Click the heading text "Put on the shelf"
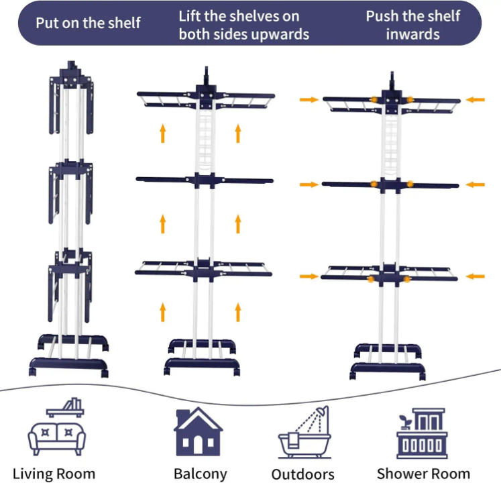pyautogui.click(x=88, y=23)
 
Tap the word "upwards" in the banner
pyautogui.click(x=276, y=34)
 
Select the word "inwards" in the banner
pyautogui.click(x=412, y=34)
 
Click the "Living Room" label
pyautogui.click(x=54, y=474)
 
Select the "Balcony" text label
pyautogui.click(x=200, y=474)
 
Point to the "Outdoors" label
pyautogui.click(x=303, y=474)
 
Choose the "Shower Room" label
pyautogui.click(x=423, y=474)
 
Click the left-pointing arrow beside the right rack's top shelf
pyautogui.click(x=475, y=99)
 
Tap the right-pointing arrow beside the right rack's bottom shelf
pyautogui.click(x=309, y=276)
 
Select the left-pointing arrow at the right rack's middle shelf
pyautogui.click(x=475, y=184)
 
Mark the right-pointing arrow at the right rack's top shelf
pyautogui.click(x=309, y=99)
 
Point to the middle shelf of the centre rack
pyautogui.click(x=204, y=180)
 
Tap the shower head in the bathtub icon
pyautogui.click(x=324, y=411)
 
